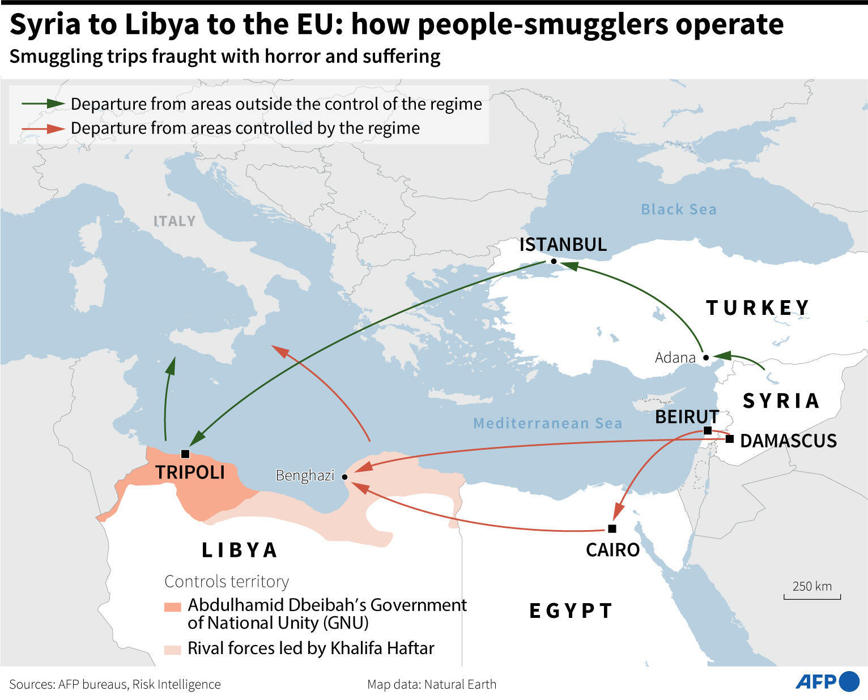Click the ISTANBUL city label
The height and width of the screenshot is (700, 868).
[563, 245]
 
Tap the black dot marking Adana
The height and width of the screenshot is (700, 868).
[705, 357]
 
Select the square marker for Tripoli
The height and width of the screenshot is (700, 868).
[185, 454]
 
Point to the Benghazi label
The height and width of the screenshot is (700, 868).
[305, 475]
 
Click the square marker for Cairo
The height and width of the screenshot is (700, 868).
[612, 528]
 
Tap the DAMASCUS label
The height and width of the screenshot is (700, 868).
[788, 441]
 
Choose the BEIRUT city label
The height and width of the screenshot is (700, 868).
[687, 417]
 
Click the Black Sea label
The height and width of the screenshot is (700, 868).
[678, 210]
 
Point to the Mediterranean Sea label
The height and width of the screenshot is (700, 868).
[547, 423]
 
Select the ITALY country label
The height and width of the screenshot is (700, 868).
[175, 221]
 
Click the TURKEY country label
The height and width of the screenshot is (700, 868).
[758, 308]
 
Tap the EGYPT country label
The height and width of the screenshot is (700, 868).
[571, 611]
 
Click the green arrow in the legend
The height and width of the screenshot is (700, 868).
[43, 104]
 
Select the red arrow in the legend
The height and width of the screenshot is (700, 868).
[43, 129]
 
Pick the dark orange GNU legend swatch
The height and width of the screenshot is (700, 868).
[172, 607]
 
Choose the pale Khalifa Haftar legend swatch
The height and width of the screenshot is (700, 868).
[172, 649]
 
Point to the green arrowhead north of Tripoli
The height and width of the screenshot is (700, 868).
[170, 366]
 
